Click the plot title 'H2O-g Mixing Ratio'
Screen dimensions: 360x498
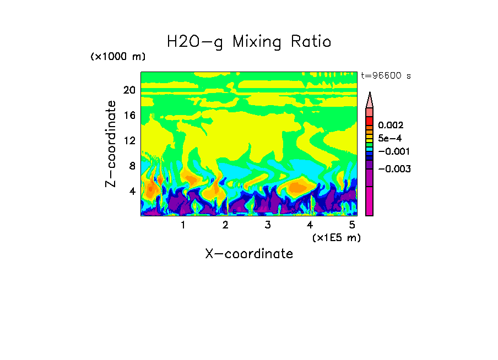point(249,42)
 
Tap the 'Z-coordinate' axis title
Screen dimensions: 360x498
point(111,144)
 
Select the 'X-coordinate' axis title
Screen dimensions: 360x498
point(249,254)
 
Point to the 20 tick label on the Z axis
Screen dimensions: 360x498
point(129,90)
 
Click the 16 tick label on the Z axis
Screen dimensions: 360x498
point(129,116)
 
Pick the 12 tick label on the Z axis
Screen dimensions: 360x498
point(129,141)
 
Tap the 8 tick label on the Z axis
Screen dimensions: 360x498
point(132,166)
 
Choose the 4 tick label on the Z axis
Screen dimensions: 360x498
point(132,192)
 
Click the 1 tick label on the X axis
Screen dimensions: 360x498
point(183,225)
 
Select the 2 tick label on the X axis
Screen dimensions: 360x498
point(225,225)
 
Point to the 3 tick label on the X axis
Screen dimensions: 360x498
point(268,225)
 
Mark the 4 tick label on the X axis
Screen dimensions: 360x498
point(310,225)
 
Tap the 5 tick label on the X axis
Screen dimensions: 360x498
point(352,225)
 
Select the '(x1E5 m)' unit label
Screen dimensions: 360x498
point(335,237)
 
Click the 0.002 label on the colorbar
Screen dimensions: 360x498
point(391,126)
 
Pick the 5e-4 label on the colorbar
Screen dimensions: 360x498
point(390,139)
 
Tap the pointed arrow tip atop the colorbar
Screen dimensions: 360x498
point(370,95)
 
